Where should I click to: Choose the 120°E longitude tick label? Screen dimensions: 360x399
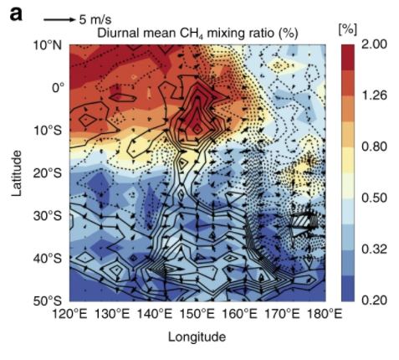(x=71, y=314)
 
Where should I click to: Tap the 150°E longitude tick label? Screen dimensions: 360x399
(x=197, y=314)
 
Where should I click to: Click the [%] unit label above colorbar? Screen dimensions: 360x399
(x=349, y=28)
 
